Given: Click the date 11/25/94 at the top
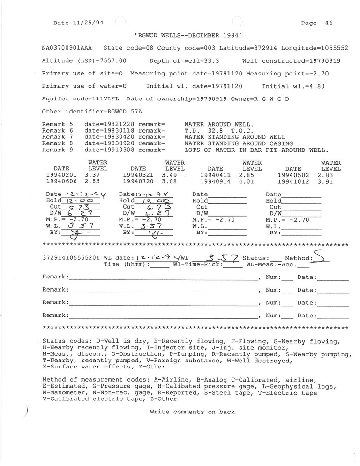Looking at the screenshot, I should click(84, 23).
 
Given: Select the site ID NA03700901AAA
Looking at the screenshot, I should click(67, 48).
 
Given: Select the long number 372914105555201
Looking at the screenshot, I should click(71, 258).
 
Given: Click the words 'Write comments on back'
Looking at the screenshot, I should click(192, 412).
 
